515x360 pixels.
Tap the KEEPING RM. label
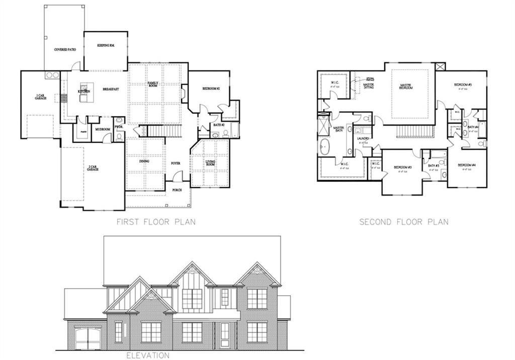pos(106,45)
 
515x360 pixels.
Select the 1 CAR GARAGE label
pos(41,97)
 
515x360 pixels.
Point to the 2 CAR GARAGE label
pos(92,168)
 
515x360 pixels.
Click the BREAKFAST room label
pos(111,89)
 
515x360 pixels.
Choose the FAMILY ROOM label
pos(153,84)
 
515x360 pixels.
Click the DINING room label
pos(146,161)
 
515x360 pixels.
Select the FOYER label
pos(176,163)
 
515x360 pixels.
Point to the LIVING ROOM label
pos(210,163)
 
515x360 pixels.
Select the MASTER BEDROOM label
pos(406,86)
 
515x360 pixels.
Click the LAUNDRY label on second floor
pos(363,138)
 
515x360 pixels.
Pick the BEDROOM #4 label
pos(467,165)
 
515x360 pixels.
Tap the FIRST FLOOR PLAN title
pos(156,222)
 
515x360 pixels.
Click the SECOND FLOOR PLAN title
pos(403,222)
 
